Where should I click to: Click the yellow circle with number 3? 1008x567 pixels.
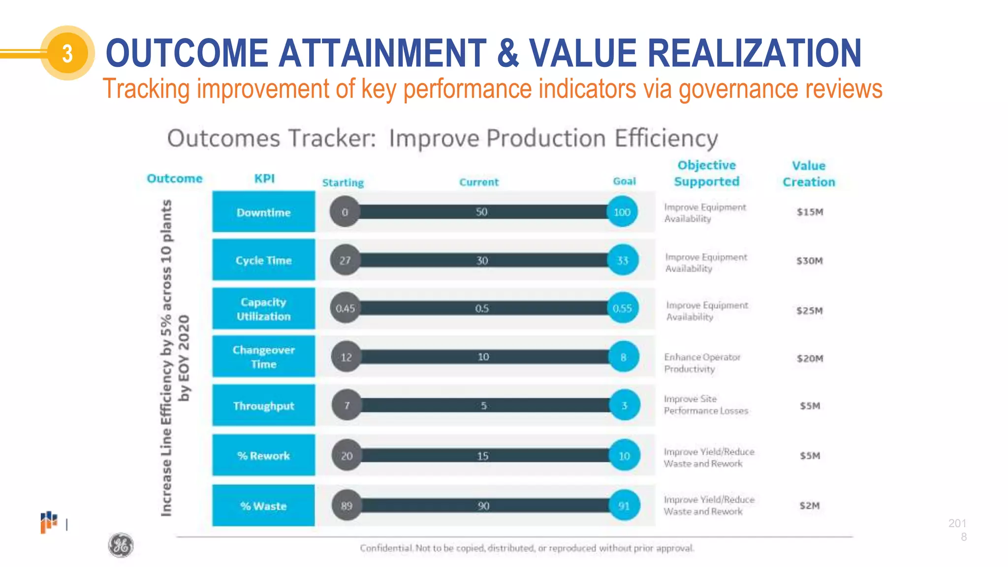(x=67, y=53)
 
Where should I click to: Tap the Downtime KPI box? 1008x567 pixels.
(x=263, y=212)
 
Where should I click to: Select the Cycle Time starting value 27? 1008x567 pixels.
(x=345, y=260)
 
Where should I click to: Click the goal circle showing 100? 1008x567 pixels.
(x=622, y=212)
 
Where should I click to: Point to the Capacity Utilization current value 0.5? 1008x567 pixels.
(x=482, y=309)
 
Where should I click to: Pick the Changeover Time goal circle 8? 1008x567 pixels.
(x=624, y=357)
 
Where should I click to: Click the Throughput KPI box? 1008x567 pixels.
(x=263, y=406)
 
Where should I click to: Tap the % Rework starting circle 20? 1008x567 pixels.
(x=346, y=456)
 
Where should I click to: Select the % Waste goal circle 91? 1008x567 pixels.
(x=624, y=506)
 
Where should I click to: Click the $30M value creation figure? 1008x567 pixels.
(x=810, y=261)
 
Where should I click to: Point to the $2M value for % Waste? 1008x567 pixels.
(x=810, y=505)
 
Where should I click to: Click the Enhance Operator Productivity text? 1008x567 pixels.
(x=702, y=363)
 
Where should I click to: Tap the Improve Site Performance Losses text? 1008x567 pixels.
(x=705, y=405)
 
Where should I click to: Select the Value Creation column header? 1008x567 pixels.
(x=809, y=174)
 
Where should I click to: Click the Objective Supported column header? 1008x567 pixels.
(x=707, y=173)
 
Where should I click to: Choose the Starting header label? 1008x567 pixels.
(x=343, y=183)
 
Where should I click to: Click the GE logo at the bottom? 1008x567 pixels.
(x=121, y=545)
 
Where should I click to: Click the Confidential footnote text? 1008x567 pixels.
(x=527, y=548)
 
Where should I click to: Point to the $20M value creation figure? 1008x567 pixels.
(x=810, y=358)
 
